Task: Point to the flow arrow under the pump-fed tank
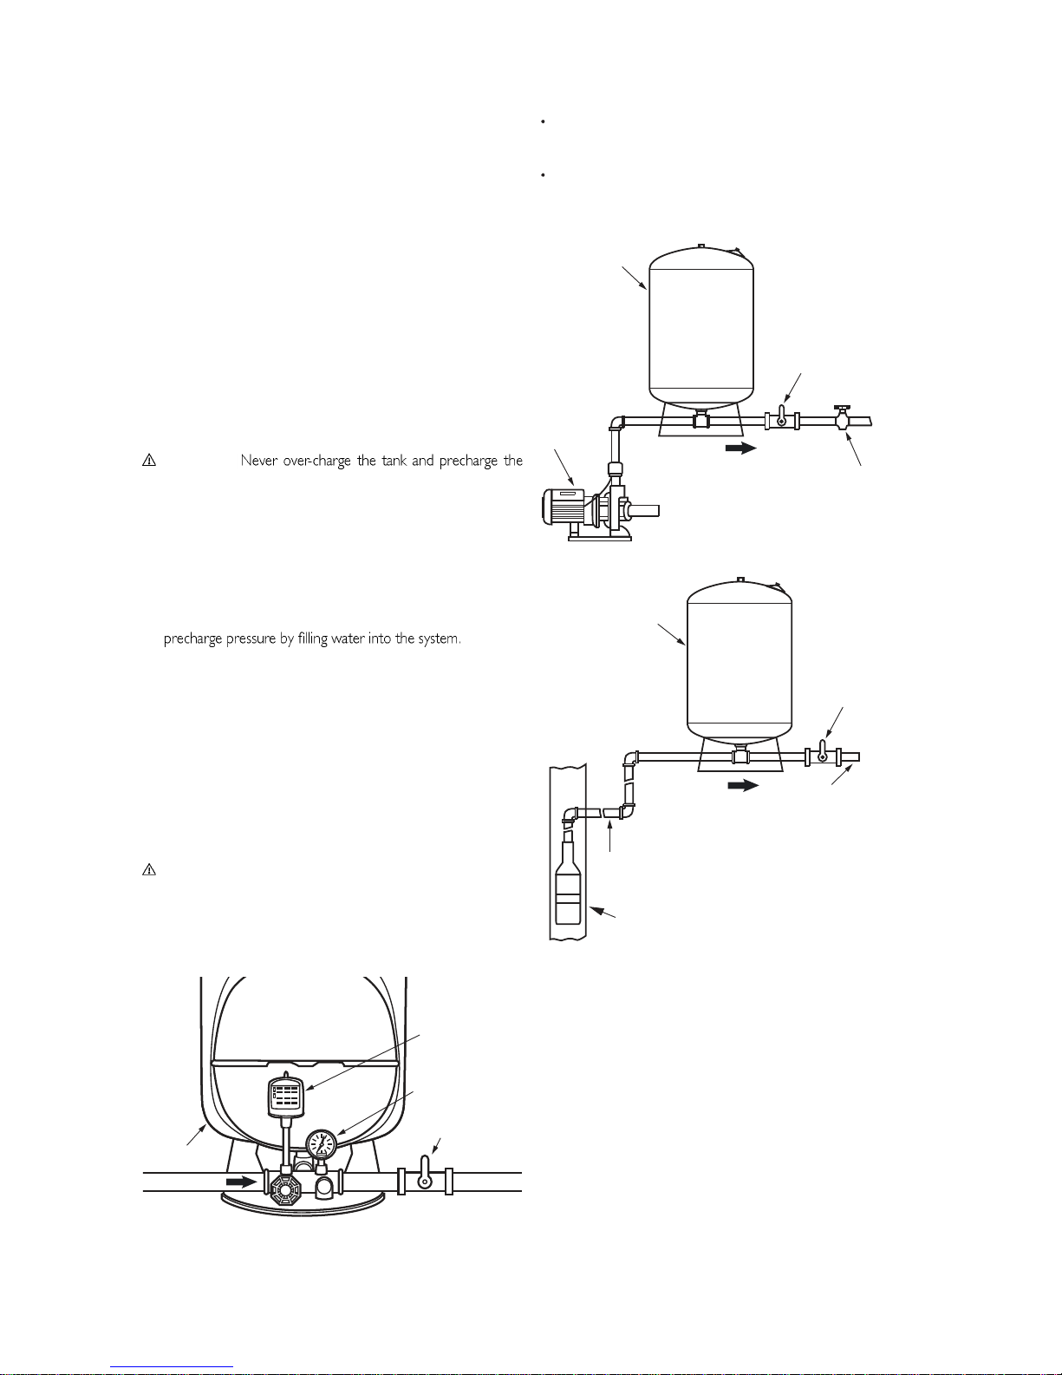(x=741, y=448)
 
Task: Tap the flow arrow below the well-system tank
(x=743, y=785)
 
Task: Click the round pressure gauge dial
(x=321, y=1144)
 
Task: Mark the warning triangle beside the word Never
(x=149, y=460)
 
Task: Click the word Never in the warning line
(x=259, y=461)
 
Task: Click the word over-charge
(x=316, y=462)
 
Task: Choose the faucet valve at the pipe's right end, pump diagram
(x=842, y=419)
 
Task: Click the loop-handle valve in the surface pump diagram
(x=782, y=418)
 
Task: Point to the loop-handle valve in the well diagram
(x=823, y=754)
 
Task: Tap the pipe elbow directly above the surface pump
(x=617, y=422)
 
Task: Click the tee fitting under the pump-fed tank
(x=701, y=419)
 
